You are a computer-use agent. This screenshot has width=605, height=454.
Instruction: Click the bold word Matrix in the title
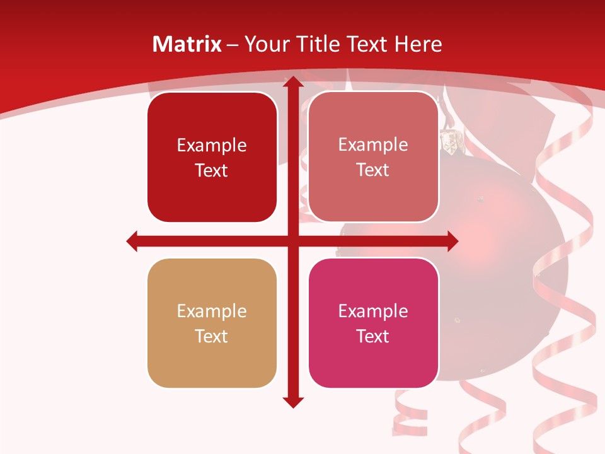pyautogui.click(x=187, y=44)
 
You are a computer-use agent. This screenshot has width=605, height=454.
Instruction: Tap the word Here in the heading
pyautogui.click(x=418, y=44)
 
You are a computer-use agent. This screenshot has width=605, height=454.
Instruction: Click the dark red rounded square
pyautogui.click(x=212, y=157)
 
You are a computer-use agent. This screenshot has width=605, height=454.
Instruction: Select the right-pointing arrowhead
pyautogui.click(x=452, y=241)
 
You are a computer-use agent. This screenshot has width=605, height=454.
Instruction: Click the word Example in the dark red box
pyautogui.click(x=212, y=146)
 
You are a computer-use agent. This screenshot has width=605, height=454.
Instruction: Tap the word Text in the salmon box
pyautogui.click(x=373, y=170)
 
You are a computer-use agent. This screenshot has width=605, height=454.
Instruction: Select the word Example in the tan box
pyautogui.click(x=212, y=311)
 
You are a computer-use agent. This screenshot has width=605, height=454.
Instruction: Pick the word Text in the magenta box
pyautogui.click(x=373, y=336)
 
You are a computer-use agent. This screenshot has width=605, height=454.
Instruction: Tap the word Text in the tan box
pyautogui.click(x=212, y=336)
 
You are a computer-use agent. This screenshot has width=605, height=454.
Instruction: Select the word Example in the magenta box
pyautogui.click(x=373, y=311)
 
